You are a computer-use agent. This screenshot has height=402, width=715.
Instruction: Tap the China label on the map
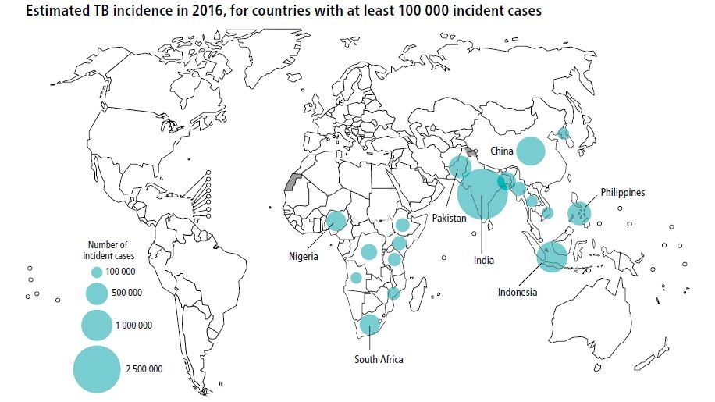tap(501, 150)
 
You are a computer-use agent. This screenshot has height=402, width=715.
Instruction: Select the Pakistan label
tap(449, 219)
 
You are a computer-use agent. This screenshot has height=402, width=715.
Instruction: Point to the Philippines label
tap(622, 192)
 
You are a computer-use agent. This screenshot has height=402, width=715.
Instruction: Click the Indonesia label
tap(518, 293)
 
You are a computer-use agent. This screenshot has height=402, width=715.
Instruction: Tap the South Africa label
tap(379, 359)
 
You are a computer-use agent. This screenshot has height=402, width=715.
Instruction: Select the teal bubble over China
tap(531, 151)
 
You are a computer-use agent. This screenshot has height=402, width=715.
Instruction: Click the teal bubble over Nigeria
tap(336, 221)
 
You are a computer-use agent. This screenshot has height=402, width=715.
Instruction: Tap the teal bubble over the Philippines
tap(578, 212)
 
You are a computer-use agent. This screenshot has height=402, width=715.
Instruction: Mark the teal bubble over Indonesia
tap(551, 256)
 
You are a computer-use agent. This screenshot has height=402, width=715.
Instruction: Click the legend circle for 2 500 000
tap(98, 368)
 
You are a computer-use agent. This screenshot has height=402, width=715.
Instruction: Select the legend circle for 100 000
tap(97, 272)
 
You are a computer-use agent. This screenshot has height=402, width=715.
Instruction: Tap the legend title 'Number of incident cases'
tap(108, 250)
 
